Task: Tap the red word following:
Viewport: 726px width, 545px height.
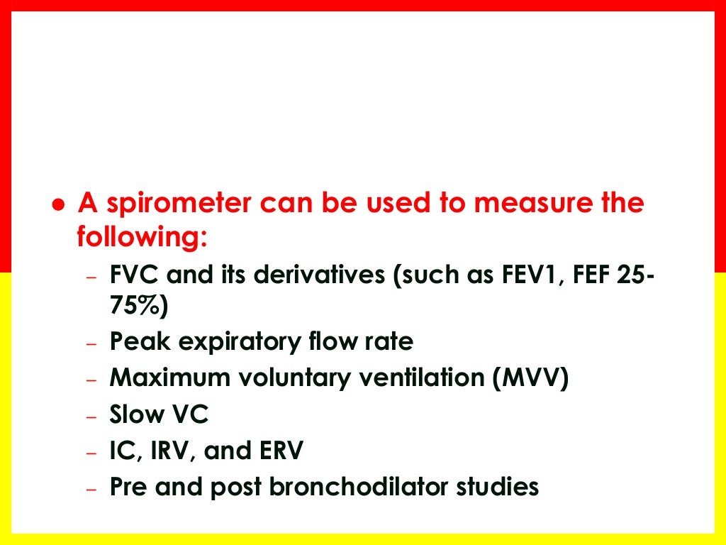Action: [142, 237]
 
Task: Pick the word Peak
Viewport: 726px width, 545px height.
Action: [140, 343]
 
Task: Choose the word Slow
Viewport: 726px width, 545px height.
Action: [135, 414]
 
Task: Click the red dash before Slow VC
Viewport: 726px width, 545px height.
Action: [90, 417]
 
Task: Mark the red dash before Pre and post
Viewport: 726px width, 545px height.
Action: [90, 490]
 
